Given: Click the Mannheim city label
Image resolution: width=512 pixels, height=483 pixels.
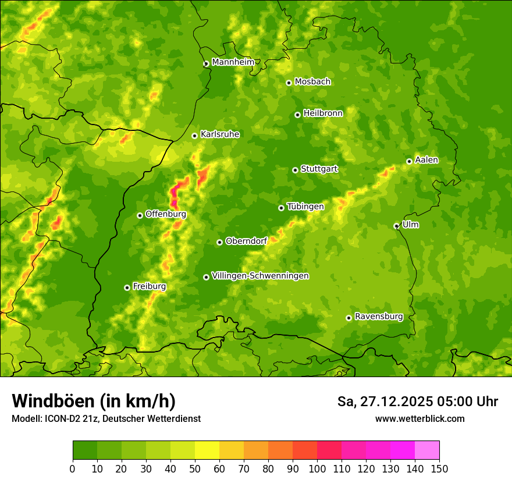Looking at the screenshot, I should [233, 62].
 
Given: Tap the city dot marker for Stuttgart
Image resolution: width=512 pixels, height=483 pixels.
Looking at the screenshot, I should [296, 170].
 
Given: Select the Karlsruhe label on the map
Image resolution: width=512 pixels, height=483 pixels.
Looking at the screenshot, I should [219, 134].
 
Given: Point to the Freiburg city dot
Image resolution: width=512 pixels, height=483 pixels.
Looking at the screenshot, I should [127, 287].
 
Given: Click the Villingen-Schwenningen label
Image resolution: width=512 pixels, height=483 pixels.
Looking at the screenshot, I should [260, 276].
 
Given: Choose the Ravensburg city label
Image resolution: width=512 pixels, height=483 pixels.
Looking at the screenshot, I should [378, 317].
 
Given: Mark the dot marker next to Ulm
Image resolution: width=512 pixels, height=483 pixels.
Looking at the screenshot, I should [396, 226].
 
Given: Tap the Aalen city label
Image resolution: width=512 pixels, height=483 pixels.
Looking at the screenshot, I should [426, 160].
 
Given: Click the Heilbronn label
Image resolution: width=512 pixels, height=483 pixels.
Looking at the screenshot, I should [323, 113].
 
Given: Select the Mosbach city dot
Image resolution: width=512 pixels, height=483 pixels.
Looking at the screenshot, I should [289, 83].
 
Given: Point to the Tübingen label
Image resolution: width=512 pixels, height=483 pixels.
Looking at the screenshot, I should [305, 207].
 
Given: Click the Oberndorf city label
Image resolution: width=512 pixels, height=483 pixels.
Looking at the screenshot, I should [246, 241].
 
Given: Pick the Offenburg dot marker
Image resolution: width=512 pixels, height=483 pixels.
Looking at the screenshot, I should [140, 215].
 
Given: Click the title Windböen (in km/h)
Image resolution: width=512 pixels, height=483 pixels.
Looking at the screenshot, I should [94, 401].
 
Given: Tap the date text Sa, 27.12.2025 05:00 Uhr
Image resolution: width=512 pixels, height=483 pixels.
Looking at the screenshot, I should [417, 402].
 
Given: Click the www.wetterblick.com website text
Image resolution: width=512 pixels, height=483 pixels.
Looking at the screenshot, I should [419, 418].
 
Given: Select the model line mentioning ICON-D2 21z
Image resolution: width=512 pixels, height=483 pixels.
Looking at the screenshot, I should [106, 418].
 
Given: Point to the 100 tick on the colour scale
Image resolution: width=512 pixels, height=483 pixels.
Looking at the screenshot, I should [317, 468].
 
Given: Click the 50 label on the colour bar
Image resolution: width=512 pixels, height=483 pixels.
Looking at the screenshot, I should [195, 468].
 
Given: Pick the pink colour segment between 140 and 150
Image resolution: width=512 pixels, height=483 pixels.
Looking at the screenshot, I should [427, 450].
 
